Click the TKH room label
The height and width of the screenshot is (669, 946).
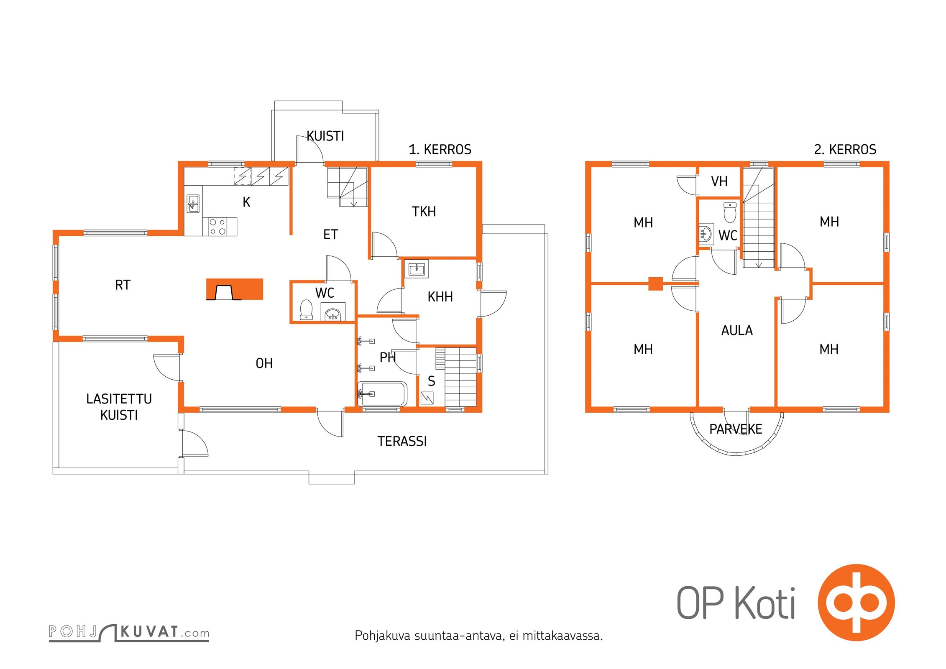click(424, 212)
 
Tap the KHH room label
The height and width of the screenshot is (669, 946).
click(440, 297)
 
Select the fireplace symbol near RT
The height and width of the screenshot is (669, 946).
click(234, 289)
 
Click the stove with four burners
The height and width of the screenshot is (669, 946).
click(220, 226)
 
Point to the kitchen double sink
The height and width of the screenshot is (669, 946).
click(193, 204)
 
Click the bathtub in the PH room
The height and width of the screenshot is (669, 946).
click(382, 394)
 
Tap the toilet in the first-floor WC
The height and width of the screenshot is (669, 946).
click(306, 310)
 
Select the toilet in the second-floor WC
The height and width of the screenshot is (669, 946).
click(730, 213)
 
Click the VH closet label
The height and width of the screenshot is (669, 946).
click(719, 181)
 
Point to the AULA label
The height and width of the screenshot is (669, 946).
click(737, 331)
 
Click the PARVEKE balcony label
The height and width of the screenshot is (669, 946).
click(736, 429)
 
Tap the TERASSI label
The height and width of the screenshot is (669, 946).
click(402, 441)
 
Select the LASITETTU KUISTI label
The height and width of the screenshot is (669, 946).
click(119, 407)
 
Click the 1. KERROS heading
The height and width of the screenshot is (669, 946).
click(440, 149)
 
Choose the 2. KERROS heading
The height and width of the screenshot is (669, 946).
click(845, 149)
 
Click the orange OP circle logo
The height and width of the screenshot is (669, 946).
click(856, 603)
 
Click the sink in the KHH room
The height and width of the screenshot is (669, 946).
click(417, 269)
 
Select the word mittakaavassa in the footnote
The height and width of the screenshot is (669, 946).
click(562, 636)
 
